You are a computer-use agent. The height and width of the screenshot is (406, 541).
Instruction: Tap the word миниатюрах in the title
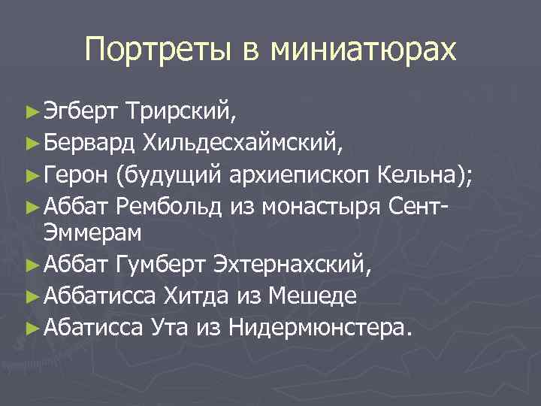pos(364,50)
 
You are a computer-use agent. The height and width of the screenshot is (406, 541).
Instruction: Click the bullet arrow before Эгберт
pos(31,114)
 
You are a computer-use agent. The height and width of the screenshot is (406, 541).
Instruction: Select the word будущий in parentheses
pos(167,176)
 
